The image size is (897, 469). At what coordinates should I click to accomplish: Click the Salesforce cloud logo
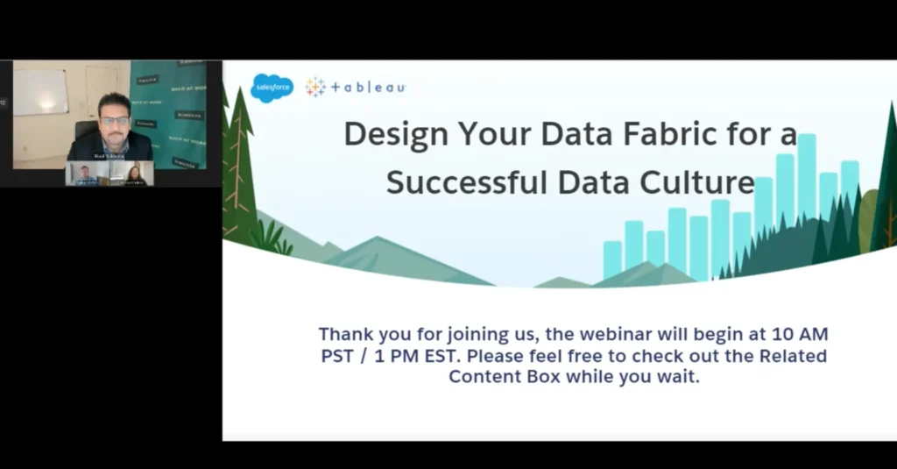point(272,87)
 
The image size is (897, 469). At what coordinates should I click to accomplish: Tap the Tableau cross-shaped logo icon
point(315,87)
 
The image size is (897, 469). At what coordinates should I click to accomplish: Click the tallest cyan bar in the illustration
point(807,175)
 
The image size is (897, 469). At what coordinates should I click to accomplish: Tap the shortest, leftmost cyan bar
point(612,259)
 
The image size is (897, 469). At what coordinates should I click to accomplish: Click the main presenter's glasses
point(114,120)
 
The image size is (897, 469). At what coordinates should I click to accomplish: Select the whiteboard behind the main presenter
point(40,93)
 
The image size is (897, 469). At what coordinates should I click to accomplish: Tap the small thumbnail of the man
point(85,174)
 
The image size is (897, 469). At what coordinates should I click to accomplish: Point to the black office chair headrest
point(87,129)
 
